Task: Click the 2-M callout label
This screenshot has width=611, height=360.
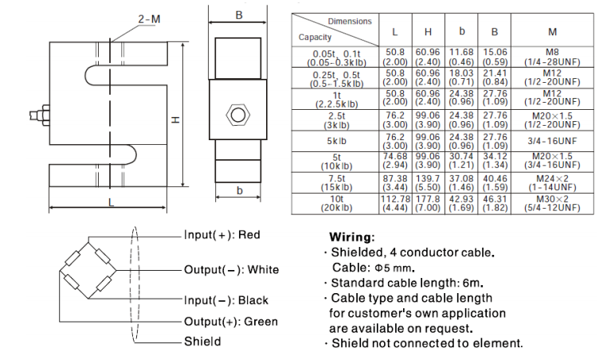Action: (127, 18)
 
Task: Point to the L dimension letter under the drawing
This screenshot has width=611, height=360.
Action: (111, 202)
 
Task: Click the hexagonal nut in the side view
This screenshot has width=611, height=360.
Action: (237, 114)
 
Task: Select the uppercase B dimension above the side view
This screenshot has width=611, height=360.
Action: (238, 14)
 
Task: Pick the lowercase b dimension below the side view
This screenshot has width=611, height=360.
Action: (238, 190)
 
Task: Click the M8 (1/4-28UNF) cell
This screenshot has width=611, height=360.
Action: (552, 57)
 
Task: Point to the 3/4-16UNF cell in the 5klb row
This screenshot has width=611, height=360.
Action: (552, 141)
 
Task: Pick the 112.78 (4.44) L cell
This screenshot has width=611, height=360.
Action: (395, 202)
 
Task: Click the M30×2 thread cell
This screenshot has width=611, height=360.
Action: (552, 198)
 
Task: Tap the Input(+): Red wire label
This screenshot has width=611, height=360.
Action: (222, 235)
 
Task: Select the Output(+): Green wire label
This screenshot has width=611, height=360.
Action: (231, 322)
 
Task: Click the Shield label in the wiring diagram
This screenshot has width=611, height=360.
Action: (202, 342)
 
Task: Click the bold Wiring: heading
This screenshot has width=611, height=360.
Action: (351, 237)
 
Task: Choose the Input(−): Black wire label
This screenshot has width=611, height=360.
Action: (226, 300)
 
